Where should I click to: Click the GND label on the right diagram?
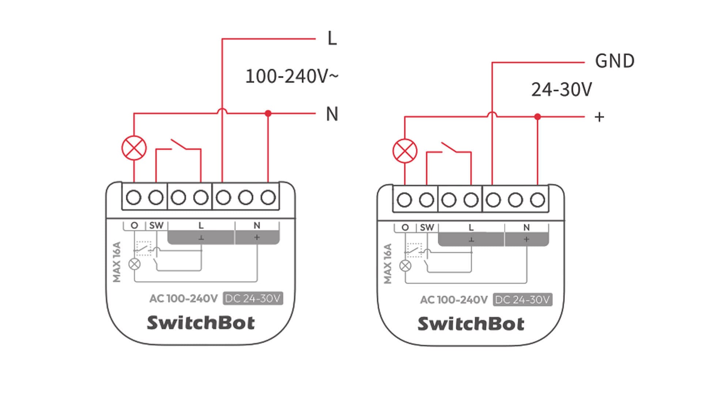pyautogui.click(x=615, y=61)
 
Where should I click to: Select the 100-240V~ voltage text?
pyautogui.click(x=291, y=76)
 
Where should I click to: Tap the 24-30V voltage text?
pyautogui.click(x=561, y=90)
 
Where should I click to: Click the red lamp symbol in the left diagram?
pyautogui.click(x=134, y=148)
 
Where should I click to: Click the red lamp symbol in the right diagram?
pyautogui.click(x=405, y=151)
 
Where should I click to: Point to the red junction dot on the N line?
pyautogui.click(x=268, y=113)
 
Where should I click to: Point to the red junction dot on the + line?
pyautogui.click(x=537, y=117)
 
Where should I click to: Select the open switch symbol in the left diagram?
pyautogui.click(x=179, y=145)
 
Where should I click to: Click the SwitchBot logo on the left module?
pyautogui.click(x=201, y=323)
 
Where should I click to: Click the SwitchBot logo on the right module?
pyautogui.click(x=471, y=324)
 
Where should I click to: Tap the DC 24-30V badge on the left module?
pyautogui.click(x=253, y=298)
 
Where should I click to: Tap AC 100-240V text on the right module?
pyautogui.click(x=454, y=300)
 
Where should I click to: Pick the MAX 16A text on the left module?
pyautogui.click(x=117, y=262)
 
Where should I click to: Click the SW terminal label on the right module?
pyautogui.click(x=427, y=227)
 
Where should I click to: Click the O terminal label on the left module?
pyautogui.click(x=134, y=226)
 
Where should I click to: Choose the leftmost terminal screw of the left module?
pyautogui.click(x=133, y=197)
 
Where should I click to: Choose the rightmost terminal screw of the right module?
pyautogui.click(x=537, y=200)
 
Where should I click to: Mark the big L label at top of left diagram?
pyautogui.click(x=332, y=38)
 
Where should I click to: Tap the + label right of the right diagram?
pyautogui.click(x=599, y=117)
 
